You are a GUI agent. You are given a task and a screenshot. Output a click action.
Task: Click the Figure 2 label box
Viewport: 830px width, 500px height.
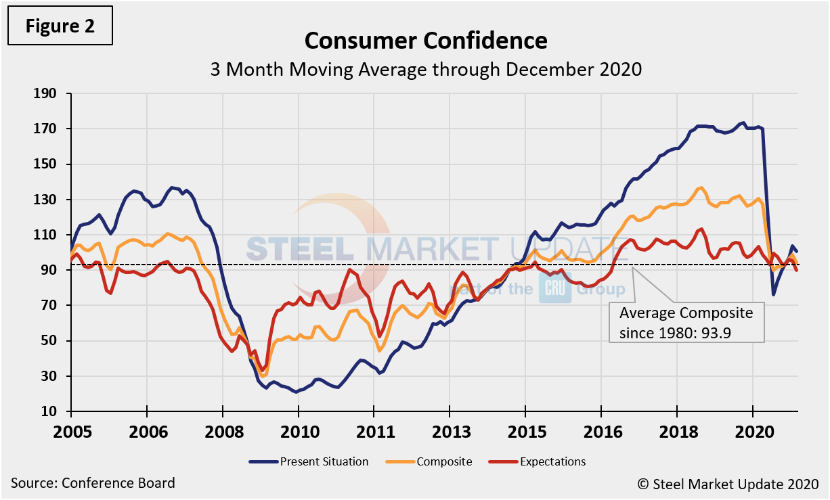[60, 26]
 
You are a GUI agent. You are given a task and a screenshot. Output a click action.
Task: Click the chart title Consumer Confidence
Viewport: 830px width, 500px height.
[426, 41]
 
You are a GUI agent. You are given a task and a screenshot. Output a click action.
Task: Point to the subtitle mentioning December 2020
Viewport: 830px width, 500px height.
[426, 70]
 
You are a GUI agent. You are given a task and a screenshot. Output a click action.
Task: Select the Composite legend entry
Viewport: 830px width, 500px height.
[434, 461]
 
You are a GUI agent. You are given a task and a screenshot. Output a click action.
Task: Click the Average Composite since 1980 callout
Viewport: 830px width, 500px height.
[686, 322]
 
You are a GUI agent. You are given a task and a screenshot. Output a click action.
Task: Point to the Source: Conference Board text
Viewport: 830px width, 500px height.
[93, 483]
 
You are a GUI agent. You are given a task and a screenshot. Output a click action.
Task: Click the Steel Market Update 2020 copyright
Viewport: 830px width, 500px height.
[727, 484]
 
